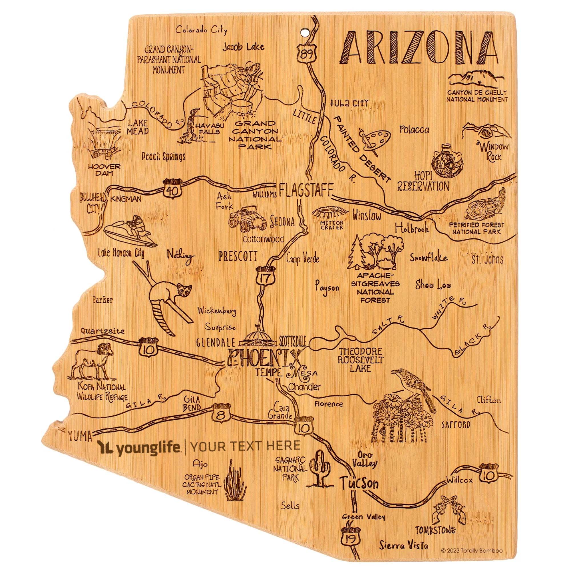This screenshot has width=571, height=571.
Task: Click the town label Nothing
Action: click(x=181, y=254)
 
